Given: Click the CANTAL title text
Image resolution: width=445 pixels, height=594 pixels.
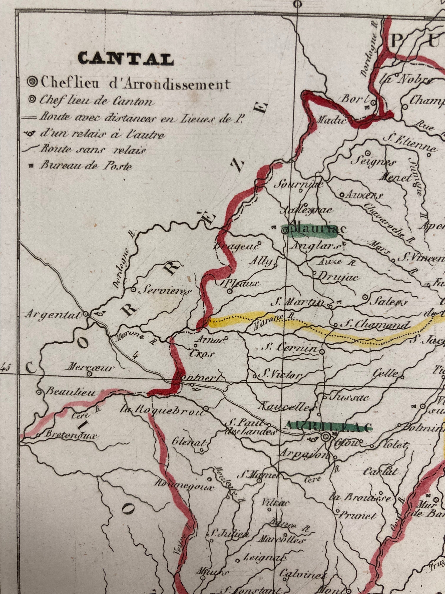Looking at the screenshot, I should click(126, 58).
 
